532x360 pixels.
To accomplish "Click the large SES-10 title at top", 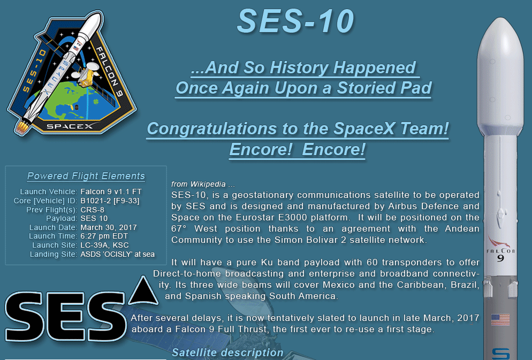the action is pos(295,21).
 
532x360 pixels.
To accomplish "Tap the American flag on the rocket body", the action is pos(500,320).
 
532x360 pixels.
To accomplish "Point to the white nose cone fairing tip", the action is pos(500,20).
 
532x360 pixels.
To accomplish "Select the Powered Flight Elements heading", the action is pos(86,176).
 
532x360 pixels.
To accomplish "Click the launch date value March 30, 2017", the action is pos(109,227).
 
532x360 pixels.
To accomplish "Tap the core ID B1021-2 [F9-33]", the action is pos(110,201).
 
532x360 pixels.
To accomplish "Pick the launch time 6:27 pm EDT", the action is pos(104,236).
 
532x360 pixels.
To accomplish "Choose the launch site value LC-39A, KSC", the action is pos(104,245).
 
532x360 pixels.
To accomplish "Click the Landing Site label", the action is pos(54,254).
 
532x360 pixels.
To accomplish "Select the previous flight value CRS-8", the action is pos(92,210).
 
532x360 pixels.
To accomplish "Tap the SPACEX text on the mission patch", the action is pos(70,126).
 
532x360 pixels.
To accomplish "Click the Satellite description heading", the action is pos(227,353).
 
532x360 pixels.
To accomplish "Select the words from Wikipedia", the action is pos(199,184).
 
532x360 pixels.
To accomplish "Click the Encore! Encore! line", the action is pos(298,149).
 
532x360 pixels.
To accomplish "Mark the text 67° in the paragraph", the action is pos(179,228).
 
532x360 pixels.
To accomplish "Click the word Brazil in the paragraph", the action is pos(465,285).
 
